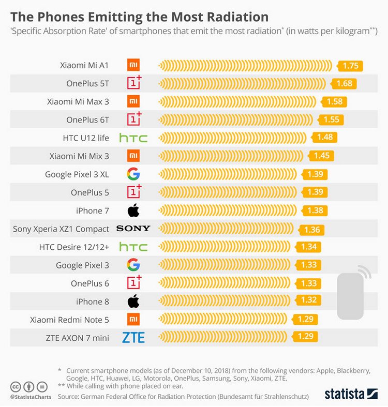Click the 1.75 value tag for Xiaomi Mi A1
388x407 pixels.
350,66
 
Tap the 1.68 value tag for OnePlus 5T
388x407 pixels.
344,84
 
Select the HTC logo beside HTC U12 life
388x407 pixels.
133,138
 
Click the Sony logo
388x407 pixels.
133,229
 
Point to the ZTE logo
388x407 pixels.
133,338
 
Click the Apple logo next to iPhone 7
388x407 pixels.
133,210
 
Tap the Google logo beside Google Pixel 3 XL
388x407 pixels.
133,174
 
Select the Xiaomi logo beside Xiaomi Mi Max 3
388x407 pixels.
133,101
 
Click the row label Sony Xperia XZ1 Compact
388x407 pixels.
61,229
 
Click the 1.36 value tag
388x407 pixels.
312,229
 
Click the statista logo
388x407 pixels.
351,394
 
